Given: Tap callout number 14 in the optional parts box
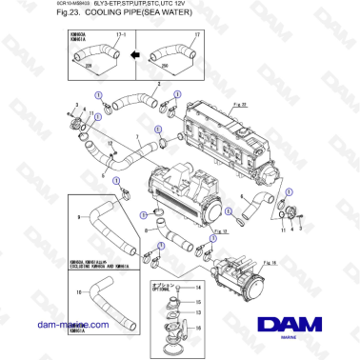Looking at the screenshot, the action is (x=197, y=287).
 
